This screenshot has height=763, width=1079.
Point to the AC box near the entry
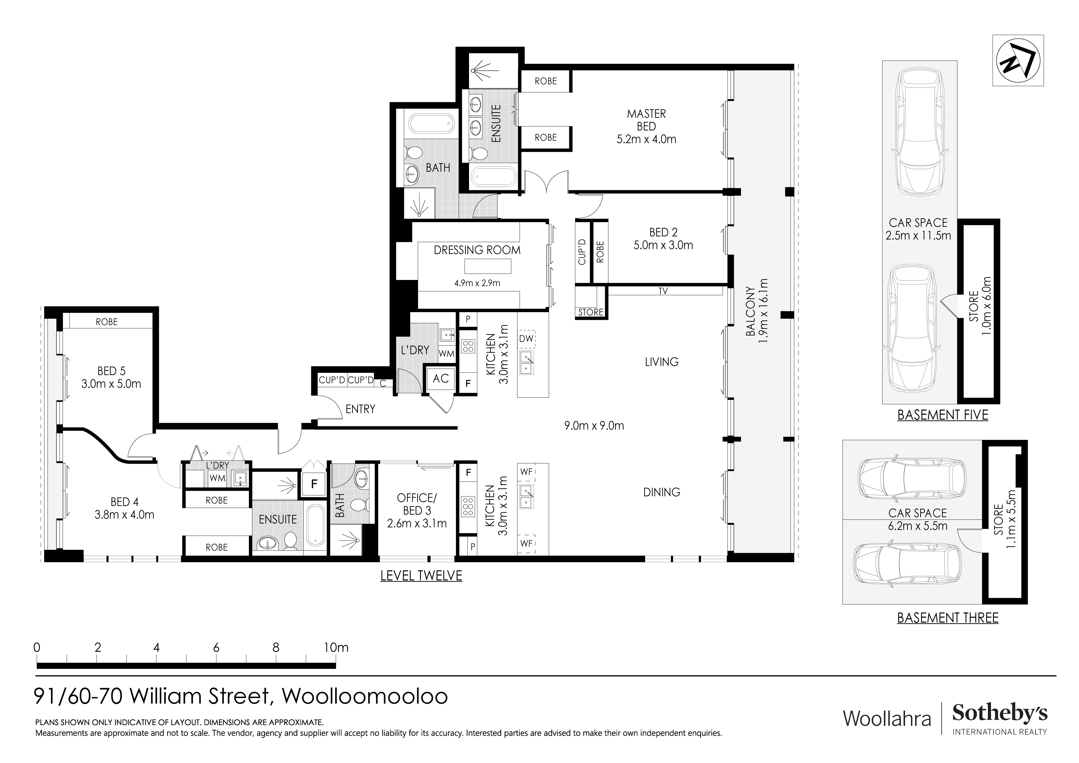click(440, 379)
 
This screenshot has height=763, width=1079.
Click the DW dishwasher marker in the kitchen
click(526, 338)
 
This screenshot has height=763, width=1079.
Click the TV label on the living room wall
click(663, 291)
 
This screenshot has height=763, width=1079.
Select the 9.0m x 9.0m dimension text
click(594, 426)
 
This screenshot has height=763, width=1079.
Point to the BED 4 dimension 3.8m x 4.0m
click(124, 515)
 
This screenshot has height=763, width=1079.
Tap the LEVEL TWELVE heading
click(421, 575)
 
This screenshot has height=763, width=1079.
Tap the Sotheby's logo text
click(1000, 714)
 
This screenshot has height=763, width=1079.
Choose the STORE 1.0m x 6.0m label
click(980, 306)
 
